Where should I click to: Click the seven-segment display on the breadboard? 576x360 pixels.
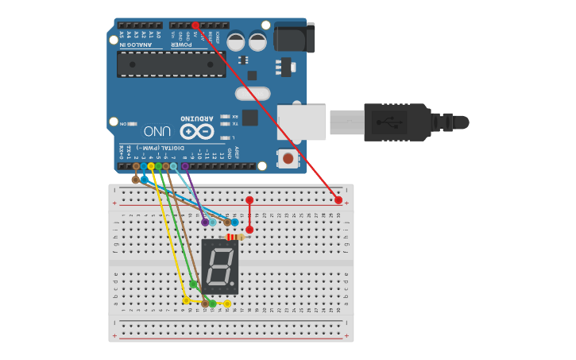point(219,266)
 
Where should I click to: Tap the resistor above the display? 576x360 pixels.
point(235,237)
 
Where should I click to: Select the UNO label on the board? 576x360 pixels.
point(157,130)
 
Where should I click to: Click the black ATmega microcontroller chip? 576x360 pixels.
point(171,64)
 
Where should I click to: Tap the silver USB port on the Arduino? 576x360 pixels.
point(301,122)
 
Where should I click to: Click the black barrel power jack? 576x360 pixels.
point(294,37)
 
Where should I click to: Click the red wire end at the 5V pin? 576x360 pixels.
point(195,25)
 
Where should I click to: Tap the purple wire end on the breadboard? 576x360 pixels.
point(205,222)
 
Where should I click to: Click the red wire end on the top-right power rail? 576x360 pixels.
point(338,200)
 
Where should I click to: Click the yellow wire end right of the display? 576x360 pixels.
point(227,304)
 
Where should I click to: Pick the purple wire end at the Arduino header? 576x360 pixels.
point(184,167)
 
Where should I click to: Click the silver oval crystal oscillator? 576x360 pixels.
point(252,94)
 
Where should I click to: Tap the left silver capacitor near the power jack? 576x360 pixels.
point(236,41)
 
